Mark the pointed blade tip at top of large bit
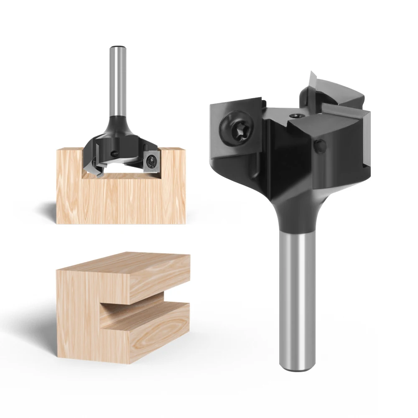pyautogui.click(x=311, y=75)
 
